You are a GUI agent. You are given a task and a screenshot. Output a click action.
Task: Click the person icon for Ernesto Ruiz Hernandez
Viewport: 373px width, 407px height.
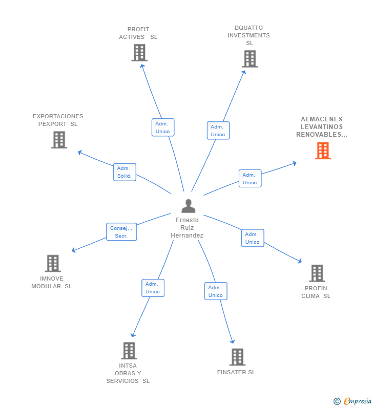(x=188, y=206)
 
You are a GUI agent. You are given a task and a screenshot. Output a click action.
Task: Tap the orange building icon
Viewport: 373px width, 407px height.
(x=323, y=151)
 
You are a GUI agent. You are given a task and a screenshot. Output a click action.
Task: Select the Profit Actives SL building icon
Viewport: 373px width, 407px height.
(x=139, y=53)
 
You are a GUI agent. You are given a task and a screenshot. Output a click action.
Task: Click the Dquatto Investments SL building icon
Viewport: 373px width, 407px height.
(x=250, y=59)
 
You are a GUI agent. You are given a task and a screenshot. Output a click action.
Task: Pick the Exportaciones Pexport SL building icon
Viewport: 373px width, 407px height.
(x=59, y=140)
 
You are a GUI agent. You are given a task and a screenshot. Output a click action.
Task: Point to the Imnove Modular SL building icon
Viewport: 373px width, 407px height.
(x=53, y=263)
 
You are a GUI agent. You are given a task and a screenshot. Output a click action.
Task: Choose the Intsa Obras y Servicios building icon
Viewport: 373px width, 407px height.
(x=129, y=351)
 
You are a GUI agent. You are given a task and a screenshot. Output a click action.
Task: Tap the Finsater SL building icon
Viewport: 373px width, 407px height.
(x=237, y=357)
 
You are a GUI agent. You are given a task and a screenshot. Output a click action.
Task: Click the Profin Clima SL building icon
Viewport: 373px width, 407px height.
(x=317, y=273)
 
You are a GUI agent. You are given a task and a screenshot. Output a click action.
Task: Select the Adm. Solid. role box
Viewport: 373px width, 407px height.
(x=125, y=172)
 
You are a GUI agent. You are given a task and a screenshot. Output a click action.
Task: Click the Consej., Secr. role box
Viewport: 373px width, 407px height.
(x=121, y=232)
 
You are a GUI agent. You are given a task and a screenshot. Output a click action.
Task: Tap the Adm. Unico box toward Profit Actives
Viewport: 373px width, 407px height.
(x=163, y=127)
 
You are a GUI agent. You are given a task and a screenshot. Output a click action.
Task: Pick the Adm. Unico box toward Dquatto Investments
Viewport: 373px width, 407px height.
(x=218, y=131)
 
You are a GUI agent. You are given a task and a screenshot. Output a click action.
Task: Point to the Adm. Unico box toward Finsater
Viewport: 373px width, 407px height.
(x=216, y=291)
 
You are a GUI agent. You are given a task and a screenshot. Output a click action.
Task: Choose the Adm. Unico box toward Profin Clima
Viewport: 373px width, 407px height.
(x=253, y=238)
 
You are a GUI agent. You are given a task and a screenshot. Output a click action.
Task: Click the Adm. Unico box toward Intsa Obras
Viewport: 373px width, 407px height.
(x=153, y=288)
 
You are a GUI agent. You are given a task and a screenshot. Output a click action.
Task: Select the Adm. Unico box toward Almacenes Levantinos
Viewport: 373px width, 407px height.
(x=250, y=179)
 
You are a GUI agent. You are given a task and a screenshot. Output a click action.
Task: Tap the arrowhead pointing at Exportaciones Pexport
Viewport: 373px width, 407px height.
(x=79, y=152)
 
